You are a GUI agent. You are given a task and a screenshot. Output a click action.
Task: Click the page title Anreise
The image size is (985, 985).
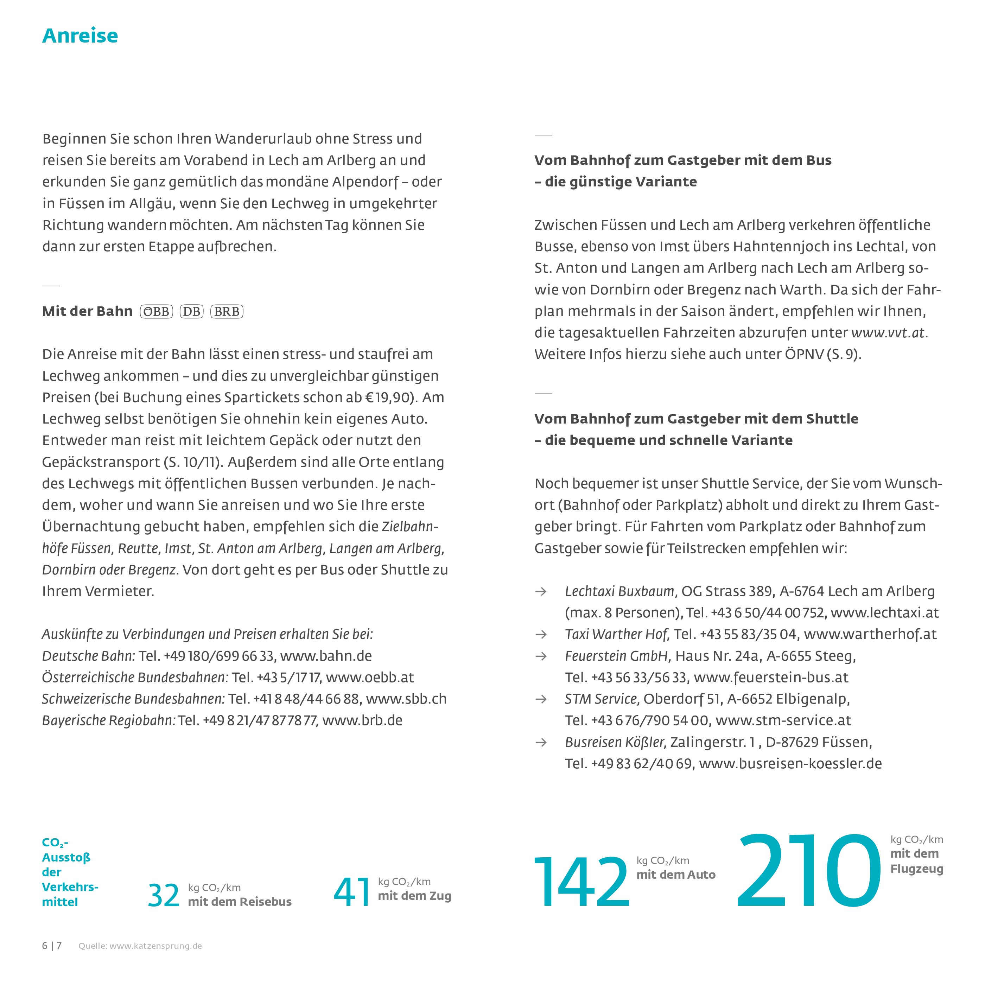point(80,36)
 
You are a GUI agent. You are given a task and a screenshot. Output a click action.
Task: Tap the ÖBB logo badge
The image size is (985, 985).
point(157,312)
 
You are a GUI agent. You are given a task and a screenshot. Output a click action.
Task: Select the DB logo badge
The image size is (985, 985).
point(192,312)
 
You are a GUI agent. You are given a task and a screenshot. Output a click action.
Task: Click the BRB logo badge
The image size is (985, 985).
point(227,312)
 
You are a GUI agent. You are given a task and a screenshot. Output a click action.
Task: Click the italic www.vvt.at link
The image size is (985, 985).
point(888,332)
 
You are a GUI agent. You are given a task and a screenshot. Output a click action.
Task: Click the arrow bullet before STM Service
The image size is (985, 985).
point(540,699)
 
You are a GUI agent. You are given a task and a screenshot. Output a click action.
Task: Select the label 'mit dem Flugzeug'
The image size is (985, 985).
point(916,861)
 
